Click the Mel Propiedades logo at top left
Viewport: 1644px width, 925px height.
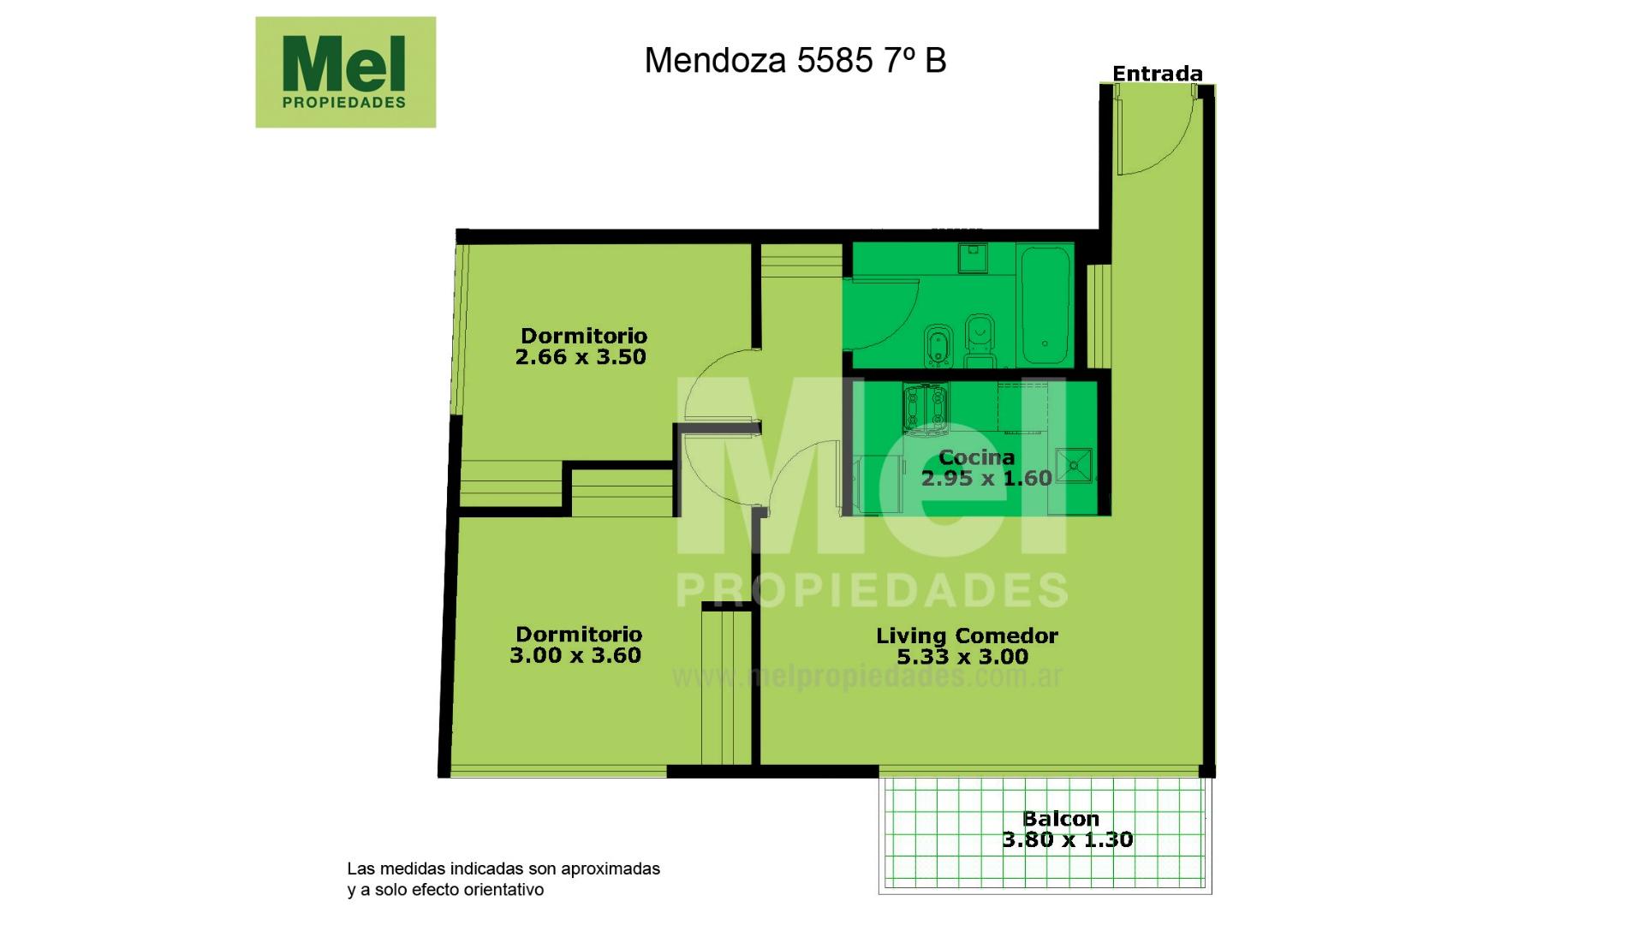(345, 72)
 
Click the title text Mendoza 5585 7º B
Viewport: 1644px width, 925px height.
(795, 60)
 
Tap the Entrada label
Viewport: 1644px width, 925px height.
(1157, 74)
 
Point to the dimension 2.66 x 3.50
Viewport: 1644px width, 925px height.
(581, 357)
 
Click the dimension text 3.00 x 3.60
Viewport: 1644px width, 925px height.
(575, 655)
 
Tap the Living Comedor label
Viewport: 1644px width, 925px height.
(967, 636)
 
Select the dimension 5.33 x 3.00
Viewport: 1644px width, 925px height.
(962, 657)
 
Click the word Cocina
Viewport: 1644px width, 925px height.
(977, 457)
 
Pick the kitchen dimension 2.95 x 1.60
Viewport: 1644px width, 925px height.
(986, 478)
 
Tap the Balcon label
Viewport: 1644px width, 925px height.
(1061, 819)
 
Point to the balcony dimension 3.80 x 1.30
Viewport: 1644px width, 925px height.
(1068, 839)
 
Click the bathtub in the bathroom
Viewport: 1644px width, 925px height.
(1045, 305)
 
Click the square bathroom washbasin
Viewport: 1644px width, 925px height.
(973, 258)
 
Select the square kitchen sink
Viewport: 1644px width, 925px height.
(1073, 465)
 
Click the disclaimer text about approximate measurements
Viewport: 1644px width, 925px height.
(503, 879)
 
